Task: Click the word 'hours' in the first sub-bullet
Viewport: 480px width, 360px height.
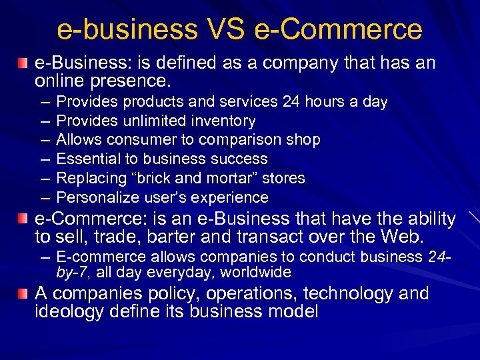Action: point(329,102)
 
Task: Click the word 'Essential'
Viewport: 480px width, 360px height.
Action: point(86,159)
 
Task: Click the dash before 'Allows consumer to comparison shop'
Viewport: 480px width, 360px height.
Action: point(43,140)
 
